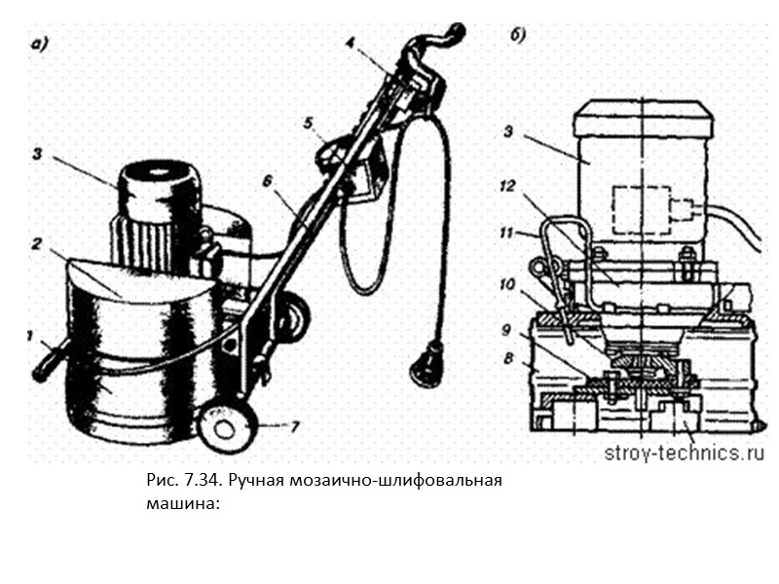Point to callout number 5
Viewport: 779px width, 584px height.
tap(308, 124)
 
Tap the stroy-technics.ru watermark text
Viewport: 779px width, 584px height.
tap(685, 453)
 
